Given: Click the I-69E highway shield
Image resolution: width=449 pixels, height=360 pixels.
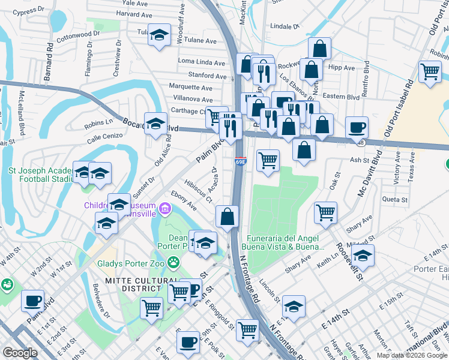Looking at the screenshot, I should (x=240, y=162).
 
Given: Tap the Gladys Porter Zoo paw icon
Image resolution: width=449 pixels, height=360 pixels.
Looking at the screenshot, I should (x=174, y=262).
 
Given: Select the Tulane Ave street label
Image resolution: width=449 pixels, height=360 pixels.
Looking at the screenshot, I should (x=202, y=41).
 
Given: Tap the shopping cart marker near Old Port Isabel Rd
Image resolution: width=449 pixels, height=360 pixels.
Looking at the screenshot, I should (x=430, y=71).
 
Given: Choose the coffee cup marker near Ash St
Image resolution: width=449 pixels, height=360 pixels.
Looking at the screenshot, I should (x=357, y=127).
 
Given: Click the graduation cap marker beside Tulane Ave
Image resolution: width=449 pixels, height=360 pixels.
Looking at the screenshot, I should (x=160, y=34).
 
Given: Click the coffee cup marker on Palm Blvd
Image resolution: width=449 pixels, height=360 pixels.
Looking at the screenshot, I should (x=32, y=300).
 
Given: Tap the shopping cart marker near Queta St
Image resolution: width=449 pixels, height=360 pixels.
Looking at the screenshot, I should (x=325, y=211).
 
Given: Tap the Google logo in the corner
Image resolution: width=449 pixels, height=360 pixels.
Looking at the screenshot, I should (x=20, y=353).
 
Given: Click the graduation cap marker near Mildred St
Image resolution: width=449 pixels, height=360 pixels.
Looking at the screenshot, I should (x=363, y=254).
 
